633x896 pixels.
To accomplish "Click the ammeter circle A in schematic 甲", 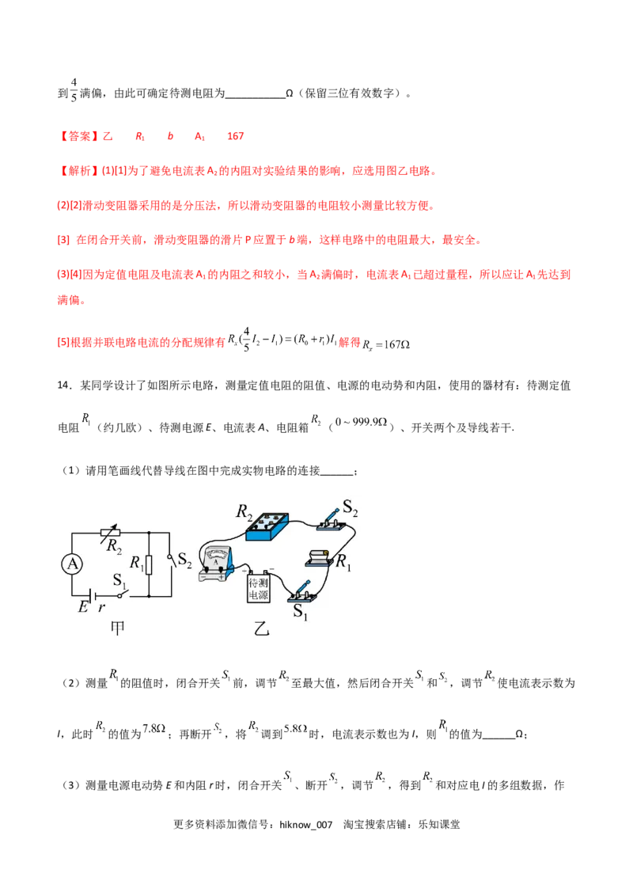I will pos(72,564).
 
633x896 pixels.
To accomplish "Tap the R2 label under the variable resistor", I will pos(116,547).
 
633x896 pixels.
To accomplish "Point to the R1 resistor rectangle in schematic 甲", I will pos(149,564).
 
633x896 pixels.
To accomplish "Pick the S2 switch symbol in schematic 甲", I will pos(171,560).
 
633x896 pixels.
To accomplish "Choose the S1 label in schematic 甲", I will pos(119,581).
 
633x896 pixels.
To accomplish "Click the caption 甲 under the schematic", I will pos(117,628).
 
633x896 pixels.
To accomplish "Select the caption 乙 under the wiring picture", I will pos(260,630).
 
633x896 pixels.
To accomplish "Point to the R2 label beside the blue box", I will pos(244,511).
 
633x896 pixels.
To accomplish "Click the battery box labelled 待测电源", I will pos(260,587).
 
